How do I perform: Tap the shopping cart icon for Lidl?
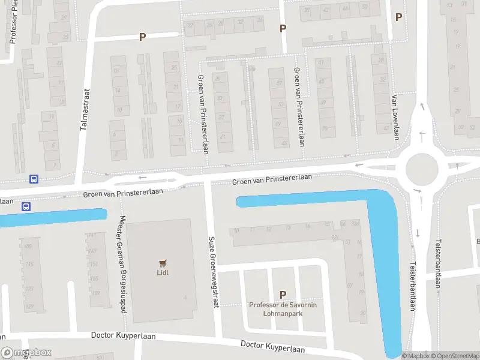coord(161,263)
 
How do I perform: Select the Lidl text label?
coord(161,274)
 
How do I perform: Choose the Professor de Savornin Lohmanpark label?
coord(284,309)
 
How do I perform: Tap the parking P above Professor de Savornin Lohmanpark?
coord(283,294)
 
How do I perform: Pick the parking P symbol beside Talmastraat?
coord(143,37)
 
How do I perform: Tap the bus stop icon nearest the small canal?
coord(26,207)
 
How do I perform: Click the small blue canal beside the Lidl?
coord(54,217)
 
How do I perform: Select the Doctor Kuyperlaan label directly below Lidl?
coord(124,336)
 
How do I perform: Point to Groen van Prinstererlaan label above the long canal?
coord(272,178)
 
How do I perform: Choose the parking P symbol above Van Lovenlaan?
coord(398,17)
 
